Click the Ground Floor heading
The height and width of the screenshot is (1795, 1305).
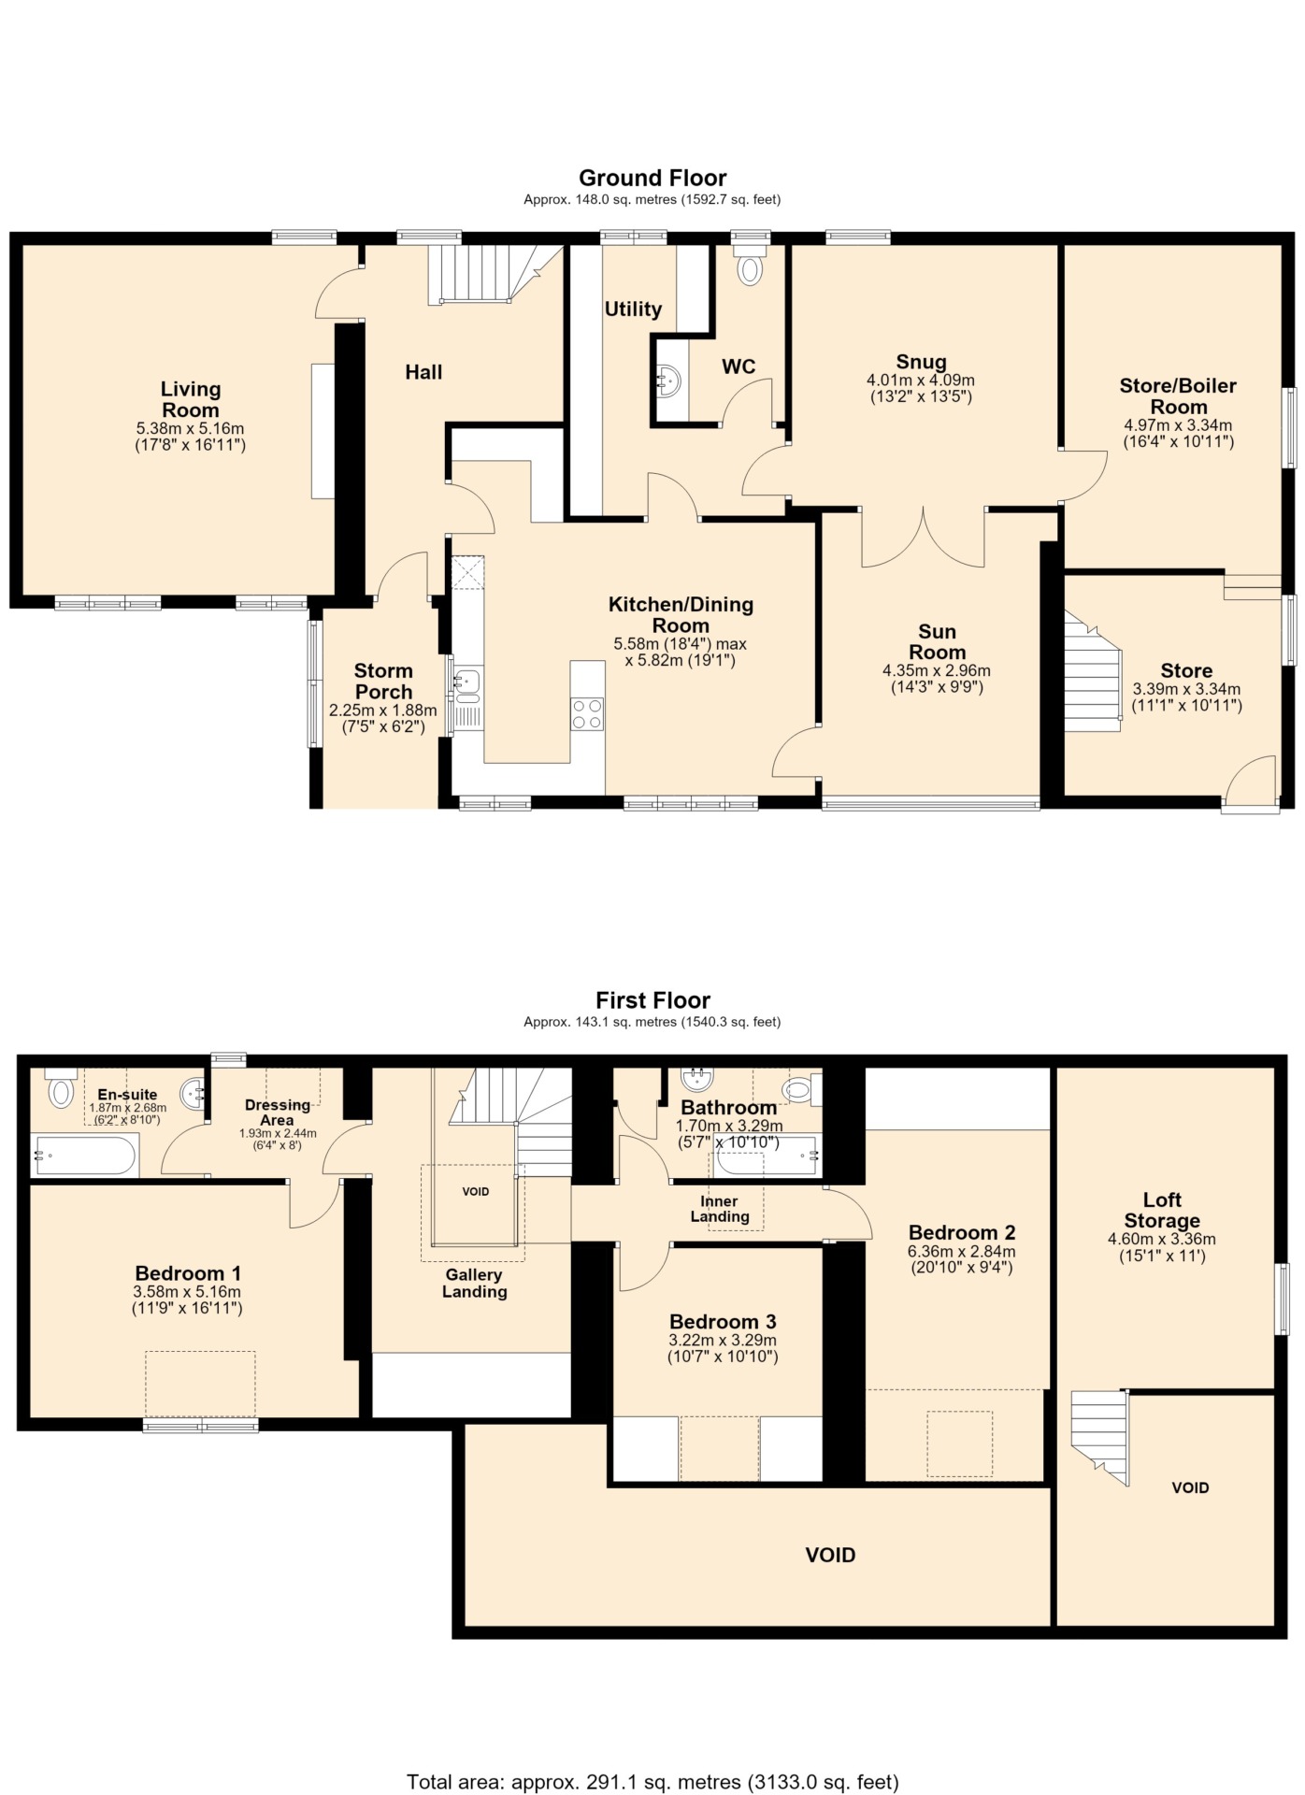tap(652, 178)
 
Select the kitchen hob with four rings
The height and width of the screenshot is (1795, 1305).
tap(587, 714)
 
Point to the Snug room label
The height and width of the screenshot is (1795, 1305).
tap(921, 362)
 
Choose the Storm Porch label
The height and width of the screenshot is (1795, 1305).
tap(383, 682)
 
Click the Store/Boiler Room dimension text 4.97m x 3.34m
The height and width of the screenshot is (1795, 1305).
tap(1178, 425)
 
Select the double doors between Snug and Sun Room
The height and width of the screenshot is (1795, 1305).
tap(923, 538)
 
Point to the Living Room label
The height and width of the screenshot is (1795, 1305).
tap(191, 399)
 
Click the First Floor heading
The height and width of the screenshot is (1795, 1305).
tap(652, 1000)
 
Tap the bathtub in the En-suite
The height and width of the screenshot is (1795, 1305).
tap(85, 1156)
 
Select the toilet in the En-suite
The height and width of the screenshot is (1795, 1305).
tap(61, 1087)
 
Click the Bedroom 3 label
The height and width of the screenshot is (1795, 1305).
tap(723, 1322)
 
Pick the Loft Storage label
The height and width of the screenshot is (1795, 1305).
tap(1162, 1211)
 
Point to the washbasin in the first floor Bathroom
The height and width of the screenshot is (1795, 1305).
tap(696, 1080)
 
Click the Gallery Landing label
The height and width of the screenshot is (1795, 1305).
tap(474, 1284)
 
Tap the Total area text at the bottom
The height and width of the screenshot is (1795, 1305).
tap(652, 1782)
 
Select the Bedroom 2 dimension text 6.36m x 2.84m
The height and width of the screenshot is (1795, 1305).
tap(961, 1252)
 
